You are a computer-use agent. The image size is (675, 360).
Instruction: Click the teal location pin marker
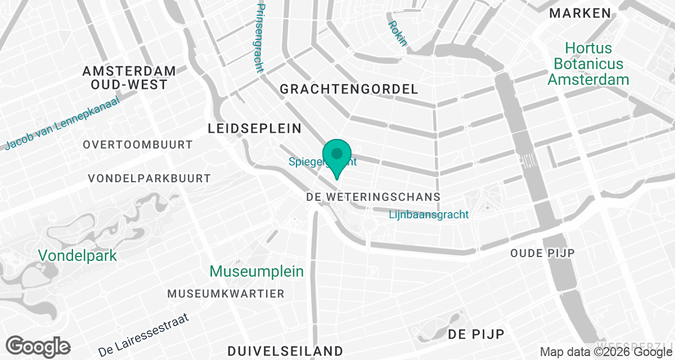[x=337, y=156]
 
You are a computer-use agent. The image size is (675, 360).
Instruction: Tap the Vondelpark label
[x=78, y=255]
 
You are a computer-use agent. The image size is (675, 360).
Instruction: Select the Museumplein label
[x=256, y=271]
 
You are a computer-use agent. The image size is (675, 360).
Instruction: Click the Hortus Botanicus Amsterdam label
[x=588, y=64]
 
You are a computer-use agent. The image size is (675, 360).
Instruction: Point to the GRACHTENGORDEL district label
[x=349, y=89]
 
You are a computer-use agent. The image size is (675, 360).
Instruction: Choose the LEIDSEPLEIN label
[x=255, y=128]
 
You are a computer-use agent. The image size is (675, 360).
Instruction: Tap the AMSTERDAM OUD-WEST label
[x=129, y=78]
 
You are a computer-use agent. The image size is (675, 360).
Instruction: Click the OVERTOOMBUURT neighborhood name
[x=137, y=145]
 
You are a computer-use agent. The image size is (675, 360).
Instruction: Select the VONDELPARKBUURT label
[x=150, y=178]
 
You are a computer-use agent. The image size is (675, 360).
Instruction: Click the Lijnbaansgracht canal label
[x=429, y=214]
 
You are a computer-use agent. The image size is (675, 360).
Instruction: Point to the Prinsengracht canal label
[x=259, y=38]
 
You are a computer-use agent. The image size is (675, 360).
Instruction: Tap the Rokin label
[x=397, y=34]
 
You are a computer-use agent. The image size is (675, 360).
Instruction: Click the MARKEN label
[x=580, y=13]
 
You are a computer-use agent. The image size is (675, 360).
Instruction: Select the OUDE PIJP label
[x=542, y=253]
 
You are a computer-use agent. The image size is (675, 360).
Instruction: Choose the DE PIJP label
[x=476, y=334]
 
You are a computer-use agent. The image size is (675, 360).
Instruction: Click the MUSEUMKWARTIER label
[x=226, y=294]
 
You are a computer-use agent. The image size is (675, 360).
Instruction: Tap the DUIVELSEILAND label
[x=285, y=351]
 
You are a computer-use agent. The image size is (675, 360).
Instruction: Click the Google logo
[x=38, y=346]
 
